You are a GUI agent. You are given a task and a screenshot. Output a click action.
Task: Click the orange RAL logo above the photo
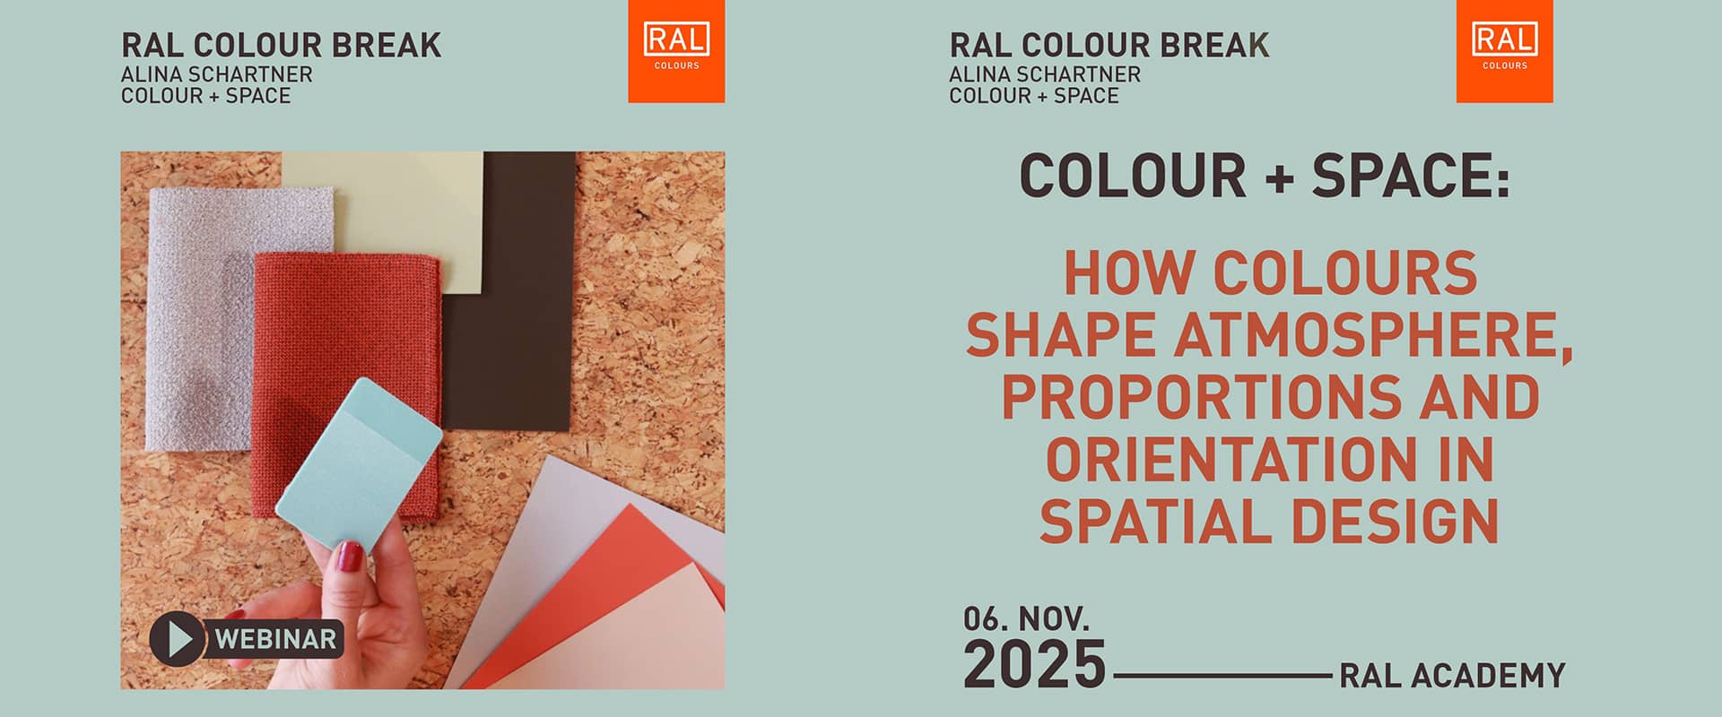676,51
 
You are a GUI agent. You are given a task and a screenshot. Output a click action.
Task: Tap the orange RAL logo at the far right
1504,51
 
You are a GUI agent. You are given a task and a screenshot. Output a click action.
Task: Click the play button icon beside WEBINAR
178,638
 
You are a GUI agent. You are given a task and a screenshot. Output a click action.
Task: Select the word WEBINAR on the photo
275,639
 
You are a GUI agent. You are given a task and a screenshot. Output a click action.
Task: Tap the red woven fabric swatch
347,385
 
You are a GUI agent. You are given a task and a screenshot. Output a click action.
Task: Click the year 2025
1034,664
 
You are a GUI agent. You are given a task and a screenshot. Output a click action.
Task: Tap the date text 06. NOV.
1026,618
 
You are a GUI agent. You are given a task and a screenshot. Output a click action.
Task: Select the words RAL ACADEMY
1452,675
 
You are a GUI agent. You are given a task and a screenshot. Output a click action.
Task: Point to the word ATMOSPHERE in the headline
1373,335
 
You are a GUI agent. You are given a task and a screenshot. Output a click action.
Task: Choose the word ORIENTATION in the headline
1224,459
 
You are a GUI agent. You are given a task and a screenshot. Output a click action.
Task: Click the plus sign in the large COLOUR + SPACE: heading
1280,177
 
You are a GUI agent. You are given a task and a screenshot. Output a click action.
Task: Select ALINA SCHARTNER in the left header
217,74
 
